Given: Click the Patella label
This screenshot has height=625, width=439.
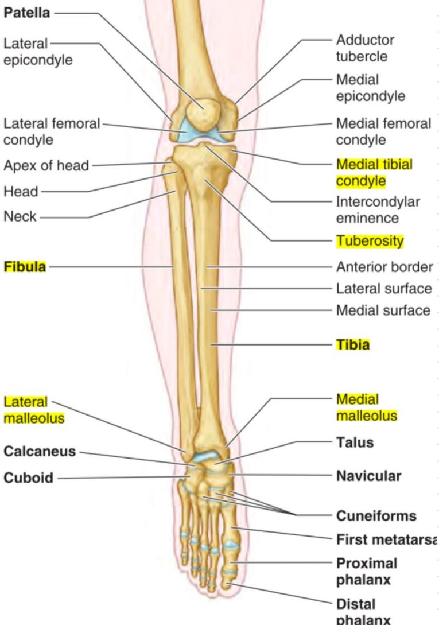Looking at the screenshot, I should [x=26, y=13].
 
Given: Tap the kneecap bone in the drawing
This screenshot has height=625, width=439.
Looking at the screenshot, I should [x=203, y=111].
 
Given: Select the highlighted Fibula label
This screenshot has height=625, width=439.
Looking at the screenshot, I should [x=25, y=266].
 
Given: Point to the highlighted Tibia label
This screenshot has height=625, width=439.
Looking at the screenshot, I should [x=352, y=344].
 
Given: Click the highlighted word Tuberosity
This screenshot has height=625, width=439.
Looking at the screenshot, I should [x=370, y=241].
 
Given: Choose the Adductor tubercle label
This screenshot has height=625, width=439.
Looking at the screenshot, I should [x=365, y=48].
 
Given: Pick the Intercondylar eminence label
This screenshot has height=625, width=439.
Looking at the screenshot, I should [x=378, y=209].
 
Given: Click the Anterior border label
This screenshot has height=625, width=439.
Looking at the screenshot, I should [x=384, y=267].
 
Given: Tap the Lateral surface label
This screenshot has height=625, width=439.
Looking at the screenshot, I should [x=383, y=289].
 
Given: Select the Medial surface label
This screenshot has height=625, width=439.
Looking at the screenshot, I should [x=383, y=310].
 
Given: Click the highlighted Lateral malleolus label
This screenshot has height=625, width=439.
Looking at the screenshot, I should [x=34, y=410].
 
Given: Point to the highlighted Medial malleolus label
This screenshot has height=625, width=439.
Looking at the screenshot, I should [x=366, y=407].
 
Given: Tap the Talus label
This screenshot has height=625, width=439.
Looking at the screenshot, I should [x=355, y=442].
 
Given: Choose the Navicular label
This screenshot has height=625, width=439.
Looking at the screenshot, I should [x=368, y=476].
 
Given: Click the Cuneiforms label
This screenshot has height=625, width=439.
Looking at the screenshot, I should [x=376, y=516].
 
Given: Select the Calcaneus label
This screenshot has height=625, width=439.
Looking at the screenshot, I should [x=40, y=451].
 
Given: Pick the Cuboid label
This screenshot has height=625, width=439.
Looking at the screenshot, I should [x=28, y=478].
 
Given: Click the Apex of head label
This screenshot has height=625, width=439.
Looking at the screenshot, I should [x=46, y=166].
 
